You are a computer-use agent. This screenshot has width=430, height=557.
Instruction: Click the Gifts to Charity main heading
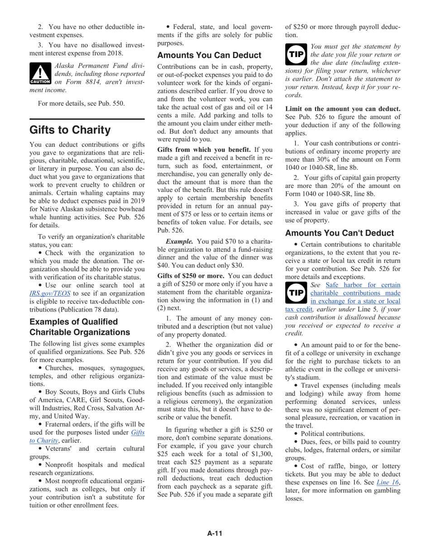tap(70, 130)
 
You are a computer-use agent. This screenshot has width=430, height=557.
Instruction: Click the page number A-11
tap(215, 533)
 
